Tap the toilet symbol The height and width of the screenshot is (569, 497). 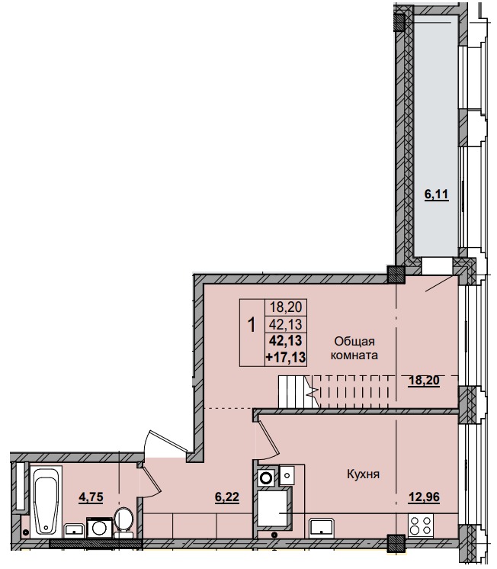126,523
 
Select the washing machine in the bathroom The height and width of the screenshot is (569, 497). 99,528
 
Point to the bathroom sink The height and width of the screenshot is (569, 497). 74,528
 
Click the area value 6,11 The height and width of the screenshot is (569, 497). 436,194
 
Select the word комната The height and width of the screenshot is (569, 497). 353,355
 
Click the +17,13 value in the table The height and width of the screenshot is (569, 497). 285,355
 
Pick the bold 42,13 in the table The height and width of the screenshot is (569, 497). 285,340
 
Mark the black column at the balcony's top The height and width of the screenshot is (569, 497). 399,21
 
